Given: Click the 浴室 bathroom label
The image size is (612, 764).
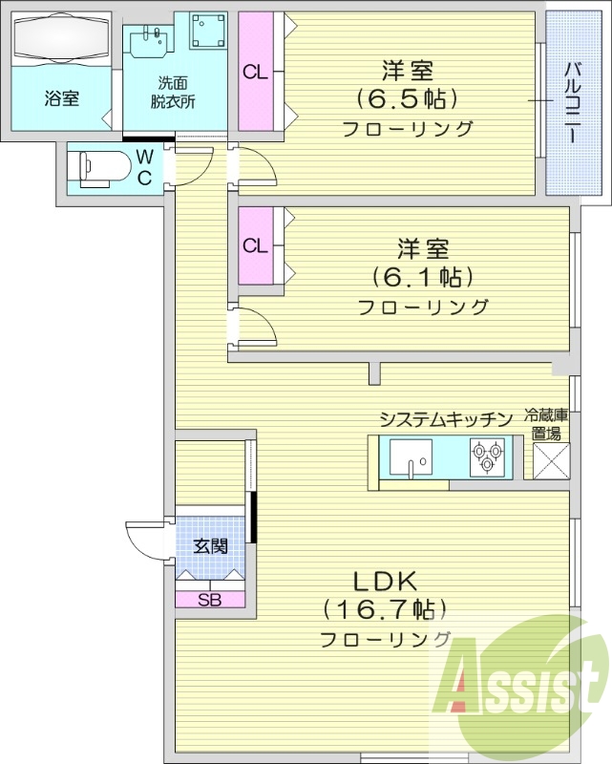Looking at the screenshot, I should point(61,98).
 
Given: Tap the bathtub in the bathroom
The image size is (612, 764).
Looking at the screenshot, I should point(61,41).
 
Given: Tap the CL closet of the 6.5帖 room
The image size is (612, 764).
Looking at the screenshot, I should point(254,73).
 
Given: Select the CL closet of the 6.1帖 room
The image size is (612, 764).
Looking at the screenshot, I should point(254,245).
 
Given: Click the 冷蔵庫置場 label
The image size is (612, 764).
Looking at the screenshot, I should point(546,424).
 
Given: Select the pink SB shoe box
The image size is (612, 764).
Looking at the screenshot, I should point(210,600).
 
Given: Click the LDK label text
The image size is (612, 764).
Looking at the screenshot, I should point(386,580).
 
